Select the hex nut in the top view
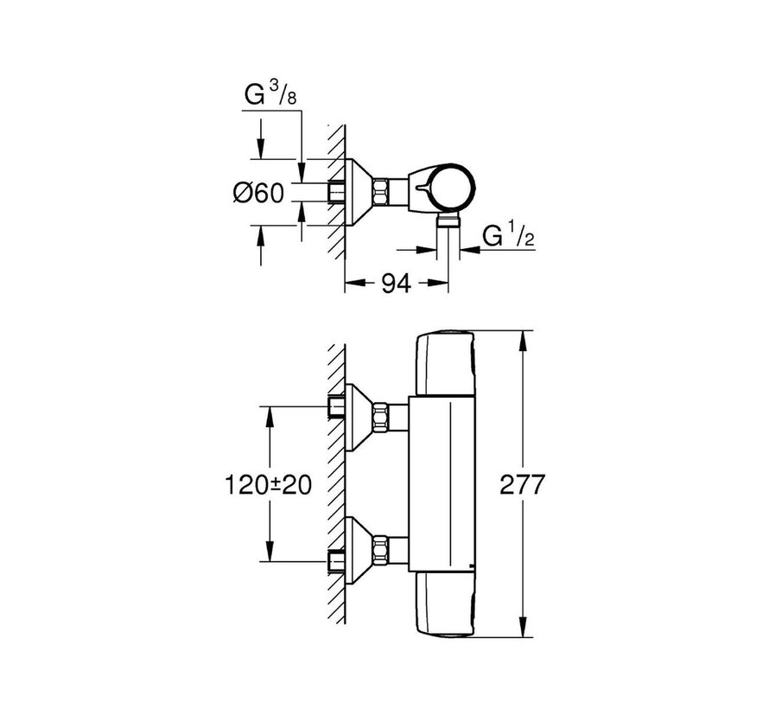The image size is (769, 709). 383,188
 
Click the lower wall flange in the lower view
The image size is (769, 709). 359,551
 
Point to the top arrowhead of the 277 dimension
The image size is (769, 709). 521,338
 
